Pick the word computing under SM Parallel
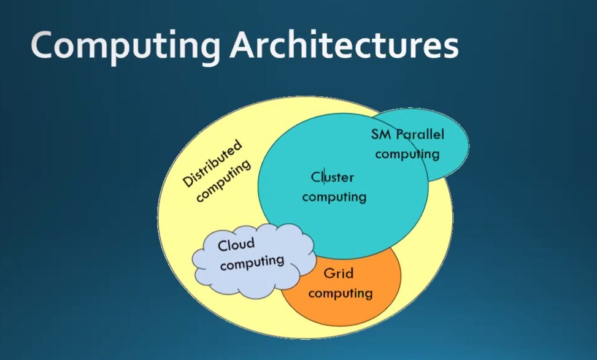click(407, 153)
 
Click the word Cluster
click(333, 177)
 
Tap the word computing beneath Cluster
click(334, 197)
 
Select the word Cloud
click(236, 245)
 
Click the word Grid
click(338, 273)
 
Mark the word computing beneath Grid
click(341, 293)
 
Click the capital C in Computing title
click(44, 47)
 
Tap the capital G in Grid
click(328, 273)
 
